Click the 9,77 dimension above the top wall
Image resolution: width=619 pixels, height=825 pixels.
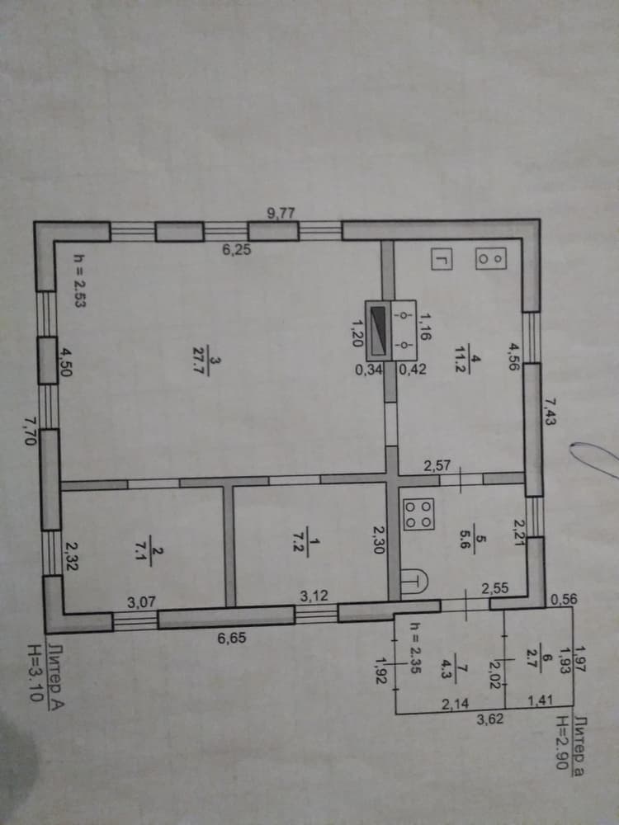[x=281, y=213]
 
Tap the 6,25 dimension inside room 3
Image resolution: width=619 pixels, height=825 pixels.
[x=236, y=250]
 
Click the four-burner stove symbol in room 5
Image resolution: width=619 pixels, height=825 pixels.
[x=418, y=513]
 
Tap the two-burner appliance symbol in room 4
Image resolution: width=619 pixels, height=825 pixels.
[x=490, y=257]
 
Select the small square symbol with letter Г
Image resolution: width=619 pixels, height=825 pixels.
[x=442, y=259]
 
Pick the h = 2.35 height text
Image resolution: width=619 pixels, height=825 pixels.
[x=415, y=648]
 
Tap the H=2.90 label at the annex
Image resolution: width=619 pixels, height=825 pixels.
[x=563, y=742]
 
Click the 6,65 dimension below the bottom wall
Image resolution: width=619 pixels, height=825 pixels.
[x=232, y=639]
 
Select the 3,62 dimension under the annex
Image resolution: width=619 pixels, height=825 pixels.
[x=490, y=719]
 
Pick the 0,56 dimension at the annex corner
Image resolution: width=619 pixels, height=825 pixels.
[x=563, y=599]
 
